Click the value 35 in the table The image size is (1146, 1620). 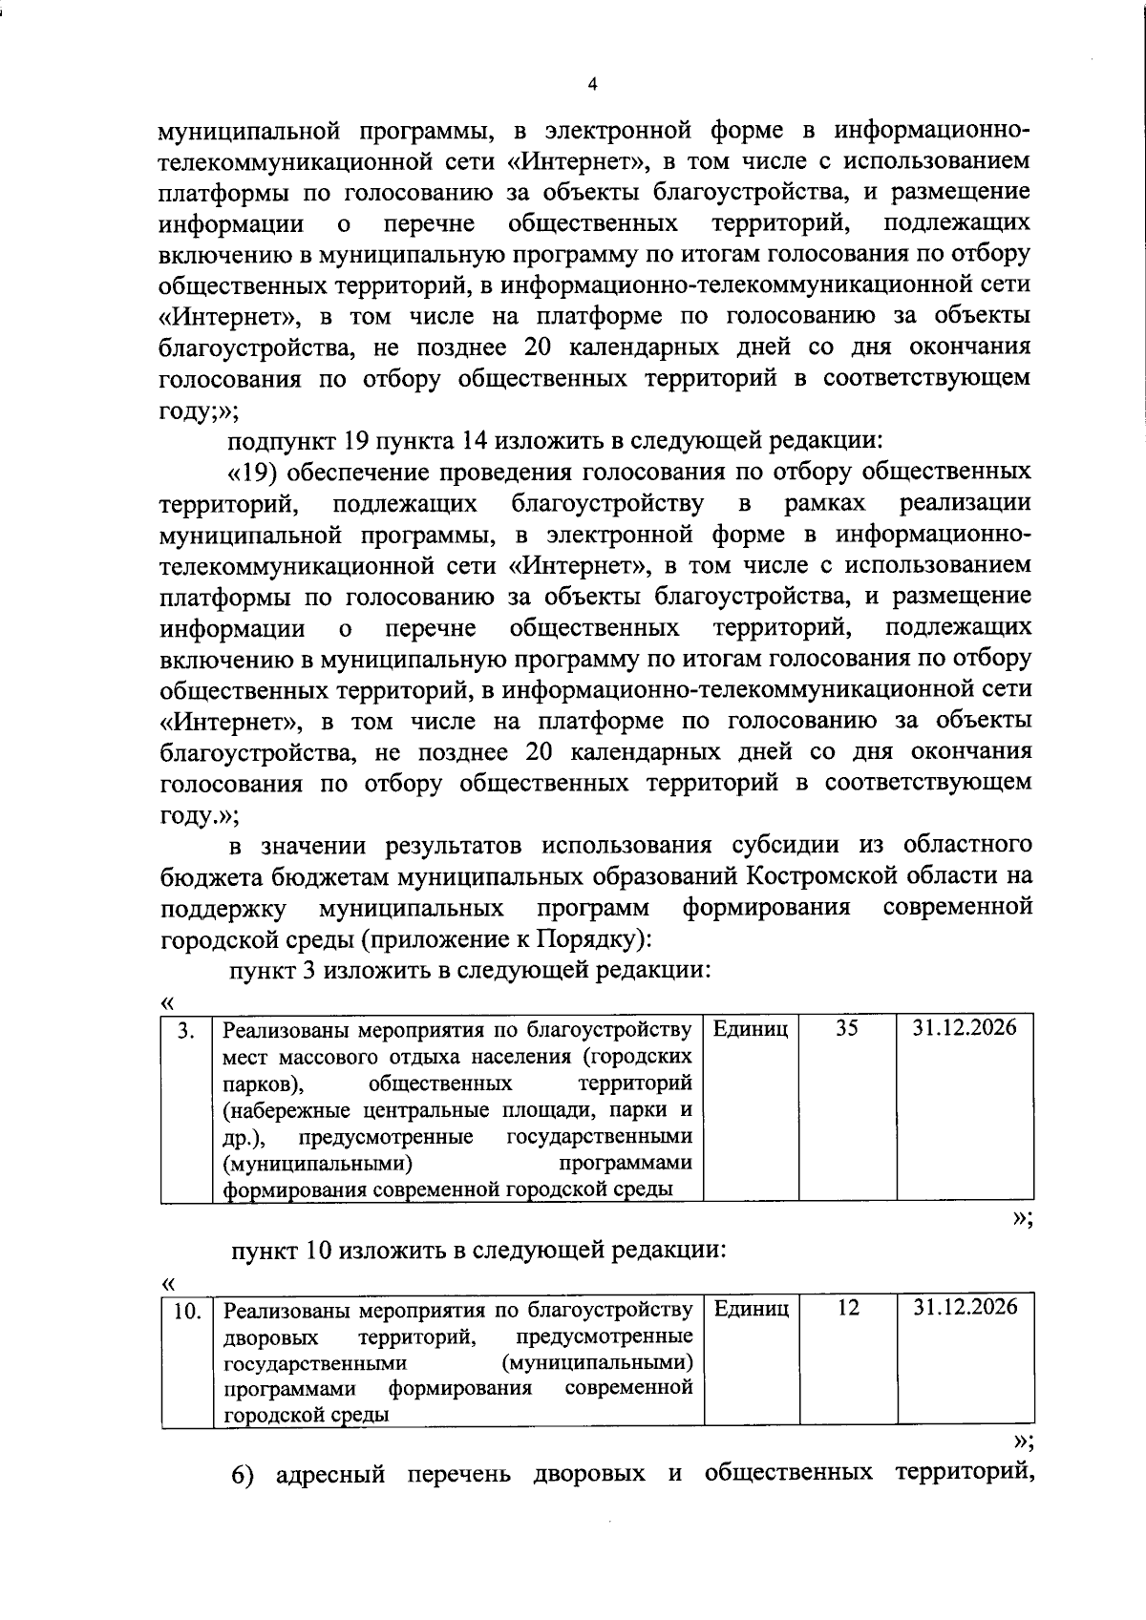pos(847,1027)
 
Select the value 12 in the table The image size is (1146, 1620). pos(847,1307)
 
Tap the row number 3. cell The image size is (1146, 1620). pos(188,1029)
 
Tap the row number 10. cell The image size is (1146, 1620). pos(186,1310)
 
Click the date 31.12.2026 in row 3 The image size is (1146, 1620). pos(965,1027)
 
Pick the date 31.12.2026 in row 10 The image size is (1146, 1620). pos(965,1307)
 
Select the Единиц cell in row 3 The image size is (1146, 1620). pos(751,1028)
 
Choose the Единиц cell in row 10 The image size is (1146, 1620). pos(751,1308)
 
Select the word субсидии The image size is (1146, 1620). pos(787,844)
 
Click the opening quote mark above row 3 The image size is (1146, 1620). pos(168,1002)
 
